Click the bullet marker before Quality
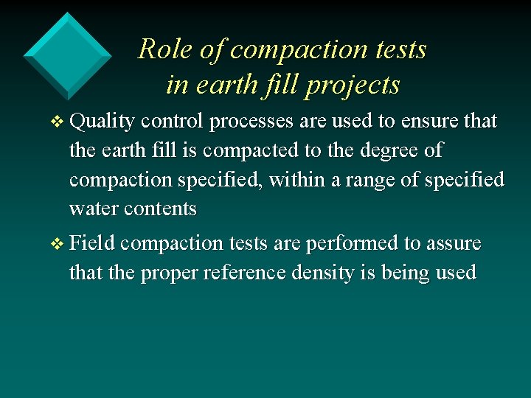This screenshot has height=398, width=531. point(60,121)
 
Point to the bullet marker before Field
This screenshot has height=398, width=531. point(60,244)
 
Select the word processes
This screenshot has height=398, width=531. point(250,121)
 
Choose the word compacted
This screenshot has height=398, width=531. point(250,150)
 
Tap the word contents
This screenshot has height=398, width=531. point(160,209)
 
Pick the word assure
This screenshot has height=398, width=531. point(453,243)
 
